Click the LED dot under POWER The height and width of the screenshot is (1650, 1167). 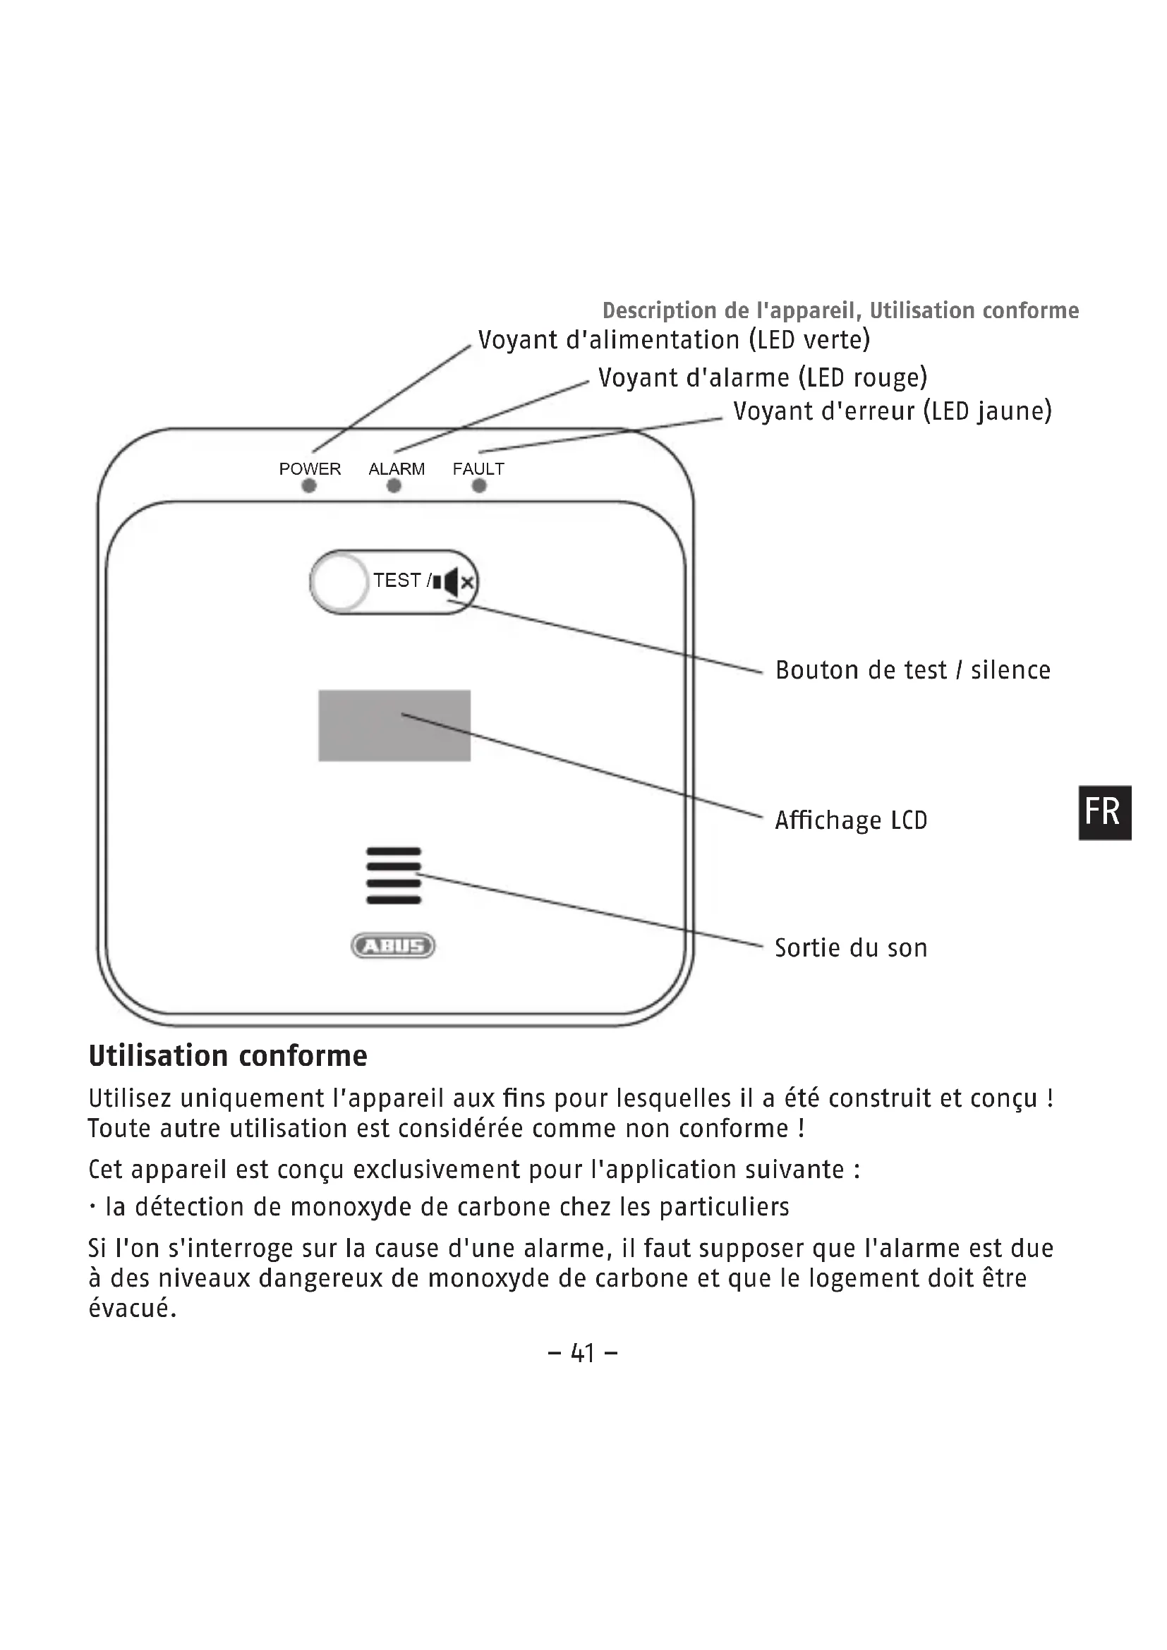coord(309,486)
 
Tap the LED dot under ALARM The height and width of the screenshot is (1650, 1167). coord(394,486)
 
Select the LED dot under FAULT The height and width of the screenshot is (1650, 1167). coord(479,486)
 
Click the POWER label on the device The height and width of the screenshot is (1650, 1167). coord(310,468)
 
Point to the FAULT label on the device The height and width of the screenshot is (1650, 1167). coord(478,468)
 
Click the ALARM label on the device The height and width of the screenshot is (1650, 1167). coord(397,468)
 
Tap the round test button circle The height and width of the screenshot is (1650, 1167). coord(340,581)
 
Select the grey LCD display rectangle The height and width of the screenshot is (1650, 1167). coord(394,725)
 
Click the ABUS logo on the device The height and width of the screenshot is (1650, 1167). coord(393,946)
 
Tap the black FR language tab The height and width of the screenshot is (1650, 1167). coord(1104,812)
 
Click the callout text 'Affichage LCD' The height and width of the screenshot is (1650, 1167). coord(851,820)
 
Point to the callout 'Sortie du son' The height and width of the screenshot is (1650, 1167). coord(851,948)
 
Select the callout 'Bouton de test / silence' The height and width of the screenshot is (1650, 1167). coord(912,669)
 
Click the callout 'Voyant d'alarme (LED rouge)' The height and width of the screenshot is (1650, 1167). coord(763,377)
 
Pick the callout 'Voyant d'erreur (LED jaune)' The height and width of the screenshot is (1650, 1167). coord(892,411)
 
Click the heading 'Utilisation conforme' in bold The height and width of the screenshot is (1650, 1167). coord(228,1056)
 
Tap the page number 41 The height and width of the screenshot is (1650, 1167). coord(583,1353)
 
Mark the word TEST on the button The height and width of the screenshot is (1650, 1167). coord(397,580)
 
